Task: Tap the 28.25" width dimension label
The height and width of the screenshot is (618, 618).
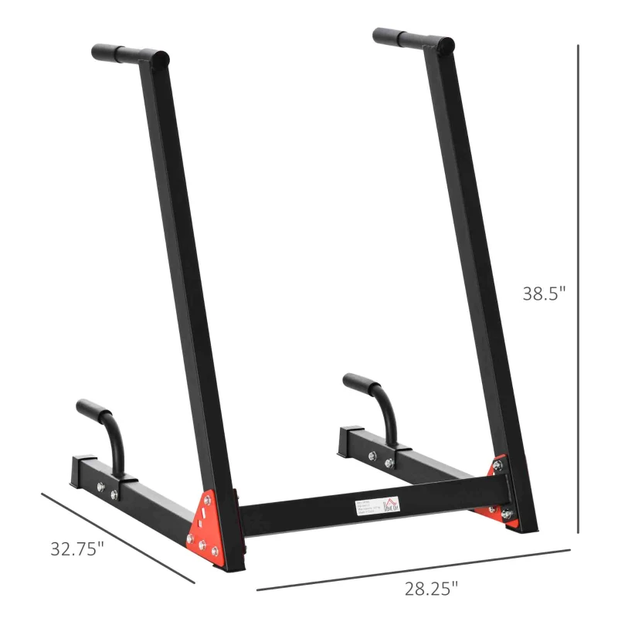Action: [x=431, y=588]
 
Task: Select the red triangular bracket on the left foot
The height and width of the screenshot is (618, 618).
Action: [x=207, y=521]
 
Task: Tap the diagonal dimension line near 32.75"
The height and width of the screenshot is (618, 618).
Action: [x=116, y=538]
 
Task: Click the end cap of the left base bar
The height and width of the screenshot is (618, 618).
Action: [x=79, y=469]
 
